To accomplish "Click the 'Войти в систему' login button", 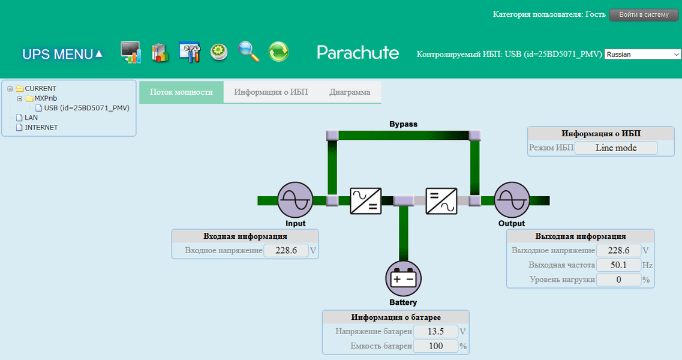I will (x=644, y=15).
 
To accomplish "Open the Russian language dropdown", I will (x=642, y=54).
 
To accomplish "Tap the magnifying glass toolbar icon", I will (x=248, y=52).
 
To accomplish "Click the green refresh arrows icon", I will (x=278, y=52).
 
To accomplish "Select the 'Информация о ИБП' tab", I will (x=271, y=92).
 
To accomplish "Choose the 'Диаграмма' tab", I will (x=350, y=92).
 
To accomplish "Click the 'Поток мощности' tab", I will (x=181, y=92).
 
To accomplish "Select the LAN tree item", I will (x=31, y=118).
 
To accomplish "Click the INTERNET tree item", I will (x=41, y=127).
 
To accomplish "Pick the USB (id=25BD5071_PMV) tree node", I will (x=86, y=108).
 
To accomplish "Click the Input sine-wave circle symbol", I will (x=295, y=200).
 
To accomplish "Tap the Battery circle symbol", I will (x=403, y=279).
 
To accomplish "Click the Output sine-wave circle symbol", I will (x=512, y=200).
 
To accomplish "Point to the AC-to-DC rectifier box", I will (x=366, y=200).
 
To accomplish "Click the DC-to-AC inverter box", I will (x=441, y=200).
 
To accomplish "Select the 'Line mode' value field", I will (x=616, y=148).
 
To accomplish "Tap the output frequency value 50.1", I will (x=618, y=265).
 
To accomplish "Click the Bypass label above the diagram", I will (x=403, y=124).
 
